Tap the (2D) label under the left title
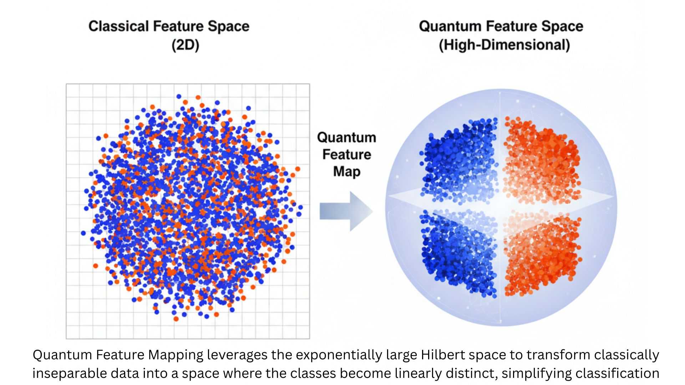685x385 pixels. (x=185, y=45)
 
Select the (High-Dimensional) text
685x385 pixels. (x=504, y=45)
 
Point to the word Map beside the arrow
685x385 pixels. (x=346, y=171)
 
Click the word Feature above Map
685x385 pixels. (x=346, y=154)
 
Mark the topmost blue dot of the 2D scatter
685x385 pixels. (x=179, y=96)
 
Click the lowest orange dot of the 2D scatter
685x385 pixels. (x=176, y=319)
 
